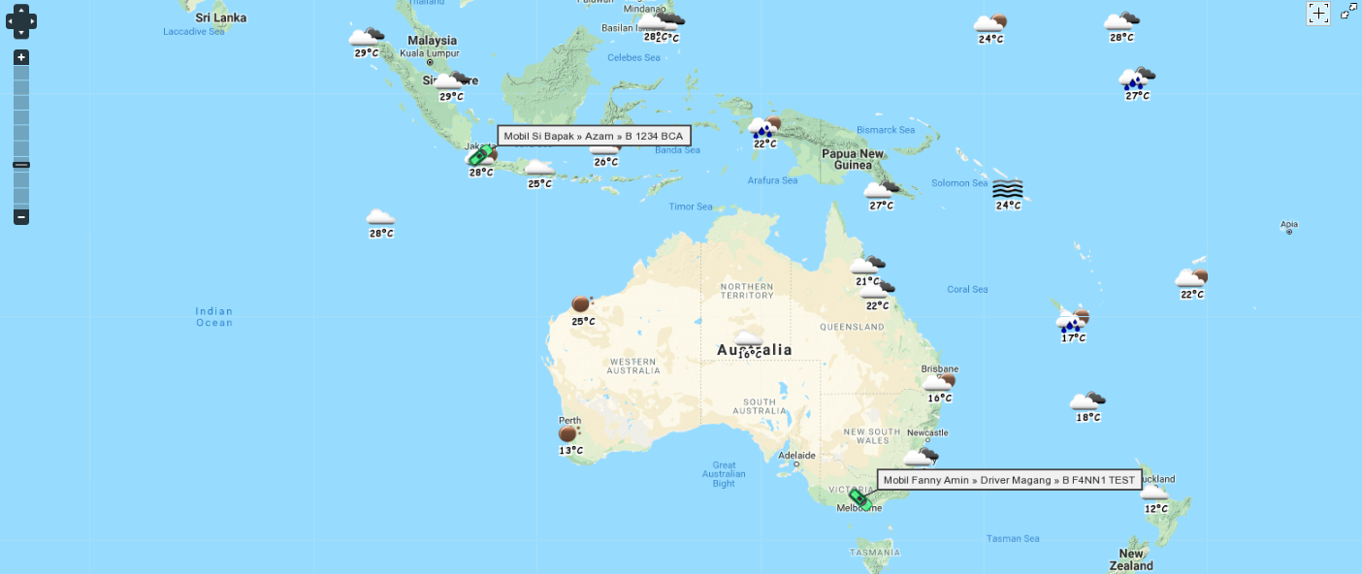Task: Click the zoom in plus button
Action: [x=21, y=57]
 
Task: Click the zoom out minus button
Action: [x=21, y=217]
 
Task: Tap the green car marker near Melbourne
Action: [x=859, y=498]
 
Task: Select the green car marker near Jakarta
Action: [x=478, y=156]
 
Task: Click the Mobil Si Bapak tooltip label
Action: [x=594, y=137]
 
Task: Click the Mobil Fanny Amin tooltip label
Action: [x=1009, y=480]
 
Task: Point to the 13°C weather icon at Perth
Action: [x=568, y=434]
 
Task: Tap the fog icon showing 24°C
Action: [x=1008, y=189]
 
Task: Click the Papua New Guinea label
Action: [x=853, y=159]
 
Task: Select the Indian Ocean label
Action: [x=214, y=317]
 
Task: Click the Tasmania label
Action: [x=874, y=553]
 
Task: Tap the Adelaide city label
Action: [x=797, y=455]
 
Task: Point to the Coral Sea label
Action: [x=967, y=289]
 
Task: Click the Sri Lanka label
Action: [x=221, y=17]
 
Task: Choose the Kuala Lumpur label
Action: [x=430, y=52]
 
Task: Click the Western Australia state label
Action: [x=633, y=366]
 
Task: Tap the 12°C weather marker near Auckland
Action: [x=1154, y=494]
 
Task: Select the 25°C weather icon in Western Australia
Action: [x=581, y=304]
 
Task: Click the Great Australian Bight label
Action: [x=724, y=473]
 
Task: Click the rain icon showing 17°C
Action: [x=1072, y=322]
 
